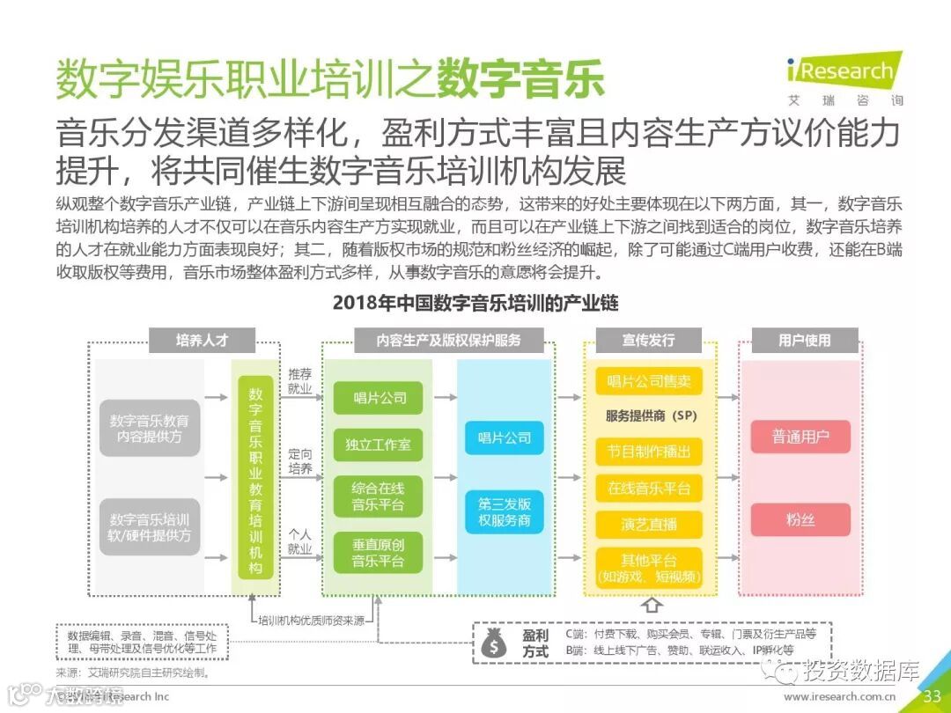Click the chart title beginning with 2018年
point(475,304)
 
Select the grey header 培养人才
point(203,340)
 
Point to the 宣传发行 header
point(649,340)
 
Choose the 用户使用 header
point(804,340)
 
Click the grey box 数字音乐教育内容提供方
point(149,429)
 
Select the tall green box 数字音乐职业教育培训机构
point(255,478)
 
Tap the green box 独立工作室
point(378,445)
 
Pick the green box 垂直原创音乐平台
point(378,553)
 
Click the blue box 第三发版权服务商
point(505,512)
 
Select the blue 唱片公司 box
point(505,437)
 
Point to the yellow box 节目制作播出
point(649,452)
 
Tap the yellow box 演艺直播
point(649,524)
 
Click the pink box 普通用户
point(800,437)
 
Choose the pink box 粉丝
point(800,519)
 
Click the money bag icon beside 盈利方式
point(494,643)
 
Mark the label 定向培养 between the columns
point(300,461)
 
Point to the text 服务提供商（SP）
point(649,415)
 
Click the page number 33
point(932,696)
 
